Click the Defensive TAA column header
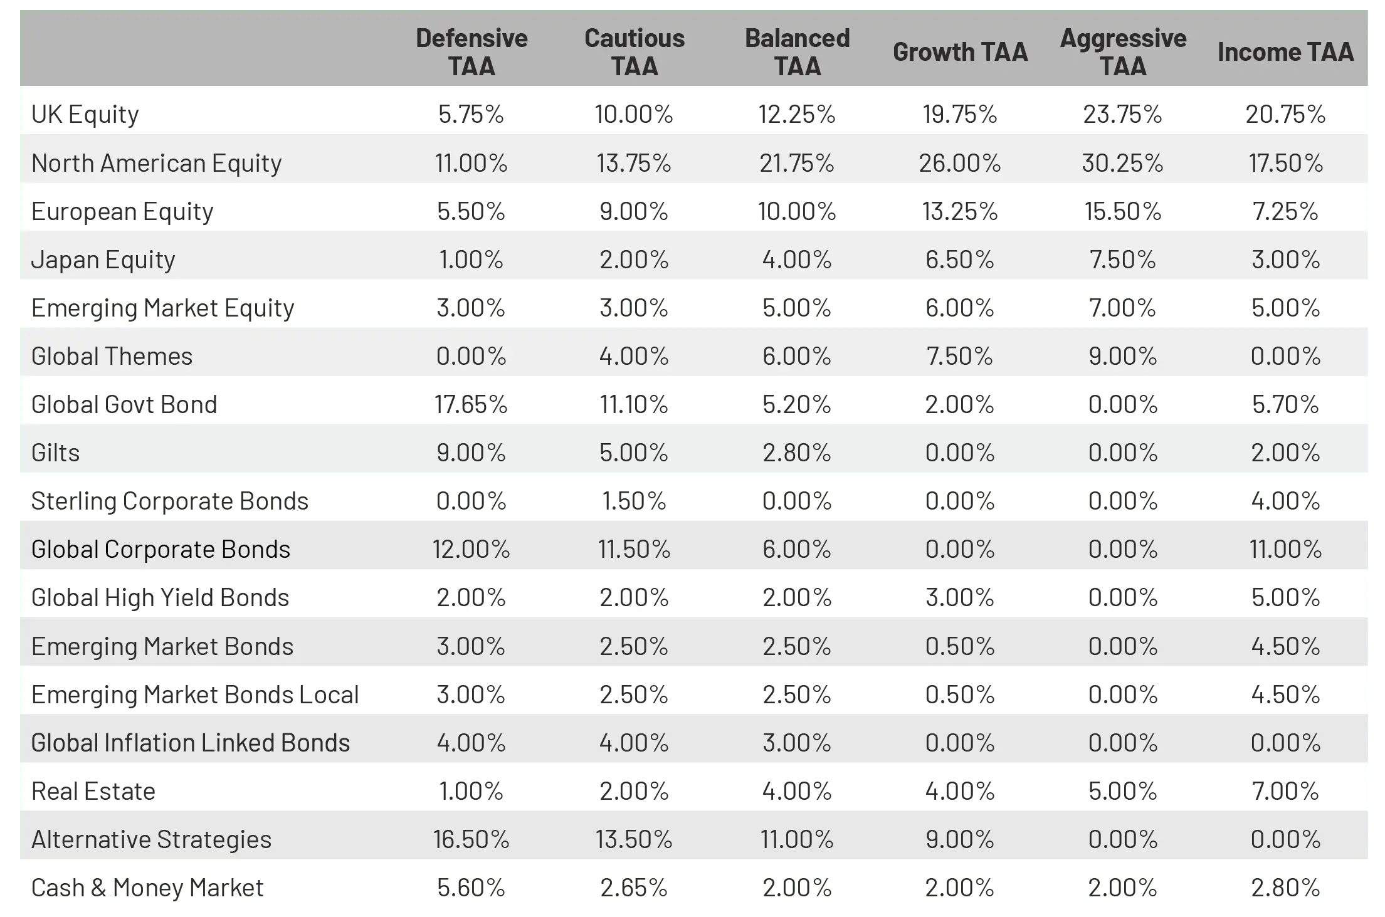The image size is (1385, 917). coord(471,52)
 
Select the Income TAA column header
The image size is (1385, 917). coord(1285,52)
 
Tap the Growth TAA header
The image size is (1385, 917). coord(960,52)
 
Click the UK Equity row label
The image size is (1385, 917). coord(85,114)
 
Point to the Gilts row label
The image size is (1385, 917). coord(56,453)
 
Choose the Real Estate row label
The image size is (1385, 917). coord(93,791)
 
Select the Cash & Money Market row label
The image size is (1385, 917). coord(147,888)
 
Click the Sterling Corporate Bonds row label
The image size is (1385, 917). coord(170,501)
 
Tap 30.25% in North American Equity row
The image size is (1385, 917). coord(1122,163)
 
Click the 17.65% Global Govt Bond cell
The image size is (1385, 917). coord(471,404)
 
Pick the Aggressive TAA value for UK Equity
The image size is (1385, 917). coord(1122,114)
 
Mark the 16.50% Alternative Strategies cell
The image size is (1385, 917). coord(471,839)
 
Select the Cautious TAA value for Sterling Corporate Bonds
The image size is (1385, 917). coord(634,501)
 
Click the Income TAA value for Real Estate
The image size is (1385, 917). coord(1285,791)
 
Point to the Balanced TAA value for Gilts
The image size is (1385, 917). coord(797,453)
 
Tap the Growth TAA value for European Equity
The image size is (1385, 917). coord(960,211)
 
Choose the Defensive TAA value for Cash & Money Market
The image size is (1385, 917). coord(471,888)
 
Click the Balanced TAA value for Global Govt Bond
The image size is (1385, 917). coord(797,404)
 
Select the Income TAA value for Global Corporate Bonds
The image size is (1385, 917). coord(1285,549)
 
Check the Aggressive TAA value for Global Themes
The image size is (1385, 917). coord(1122,356)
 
